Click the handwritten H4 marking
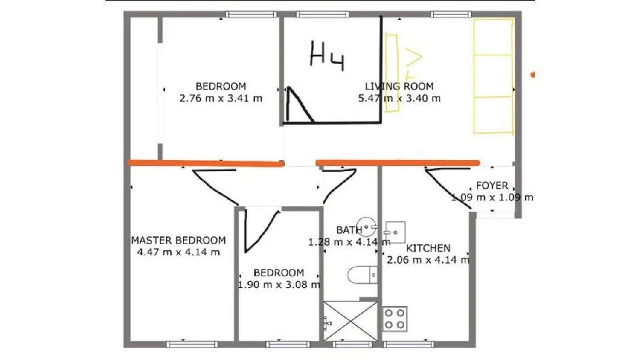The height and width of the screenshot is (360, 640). click(x=327, y=56)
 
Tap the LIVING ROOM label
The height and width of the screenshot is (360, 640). click(x=399, y=86)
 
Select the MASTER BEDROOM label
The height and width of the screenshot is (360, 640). click(x=178, y=240)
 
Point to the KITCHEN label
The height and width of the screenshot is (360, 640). click(x=428, y=248)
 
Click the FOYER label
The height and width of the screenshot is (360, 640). click(x=492, y=186)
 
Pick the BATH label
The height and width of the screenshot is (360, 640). click(x=349, y=230)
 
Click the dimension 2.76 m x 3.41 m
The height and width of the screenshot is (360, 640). click(x=221, y=98)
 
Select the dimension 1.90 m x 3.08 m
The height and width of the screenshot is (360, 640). click(x=279, y=285)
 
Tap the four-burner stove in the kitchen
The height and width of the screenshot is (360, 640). click(x=395, y=319)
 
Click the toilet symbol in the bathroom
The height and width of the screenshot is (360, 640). click(x=362, y=275)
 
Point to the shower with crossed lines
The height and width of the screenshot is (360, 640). click(x=350, y=321)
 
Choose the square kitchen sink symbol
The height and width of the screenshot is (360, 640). click(x=395, y=232)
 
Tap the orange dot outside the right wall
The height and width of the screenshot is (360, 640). click(x=533, y=75)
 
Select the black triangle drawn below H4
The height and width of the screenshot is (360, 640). click(x=300, y=105)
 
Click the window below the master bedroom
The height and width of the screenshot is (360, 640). click(x=192, y=344)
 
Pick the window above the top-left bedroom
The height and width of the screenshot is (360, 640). click(x=251, y=14)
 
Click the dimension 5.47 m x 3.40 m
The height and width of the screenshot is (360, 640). click(x=399, y=98)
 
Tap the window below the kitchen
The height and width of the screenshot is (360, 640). click(x=409, y=344)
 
